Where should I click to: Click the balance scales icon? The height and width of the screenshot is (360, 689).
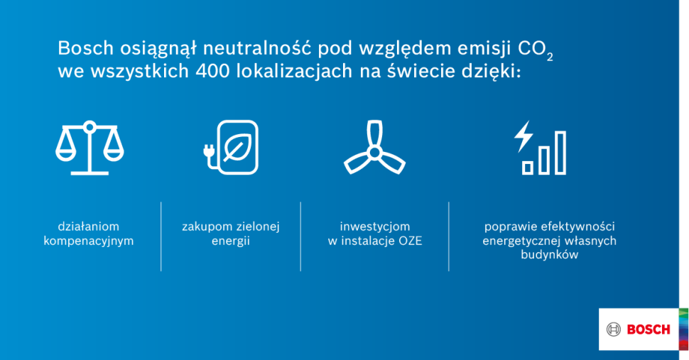(89, 148)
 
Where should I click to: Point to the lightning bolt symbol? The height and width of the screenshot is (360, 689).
(523, 136)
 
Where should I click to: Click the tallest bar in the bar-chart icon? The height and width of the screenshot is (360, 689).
(560, 152)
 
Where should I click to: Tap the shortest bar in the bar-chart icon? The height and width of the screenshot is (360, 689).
(528, 167)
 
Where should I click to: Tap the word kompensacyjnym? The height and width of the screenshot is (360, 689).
(89, 241)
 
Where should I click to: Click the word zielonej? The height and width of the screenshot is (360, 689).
(258, 227)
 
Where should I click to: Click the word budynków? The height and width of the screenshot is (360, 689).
(549, 255)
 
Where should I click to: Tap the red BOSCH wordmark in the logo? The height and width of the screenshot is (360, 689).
(648, 329)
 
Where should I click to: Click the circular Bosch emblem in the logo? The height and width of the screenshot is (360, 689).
(613, 329)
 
